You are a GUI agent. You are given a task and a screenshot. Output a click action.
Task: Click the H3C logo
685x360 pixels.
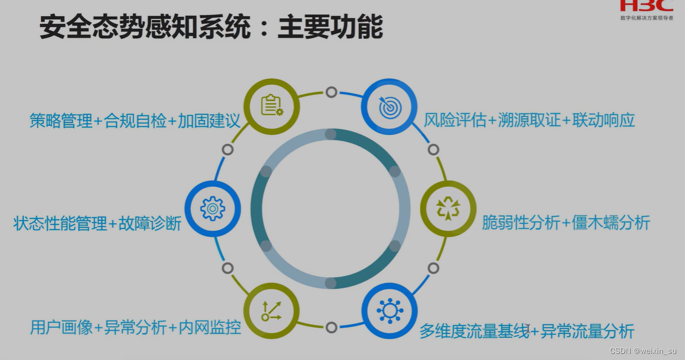point(646,6)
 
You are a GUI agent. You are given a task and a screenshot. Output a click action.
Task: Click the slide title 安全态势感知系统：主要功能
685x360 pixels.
point(211,28)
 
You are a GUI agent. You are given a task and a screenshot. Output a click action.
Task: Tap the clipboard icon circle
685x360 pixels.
point(272,106)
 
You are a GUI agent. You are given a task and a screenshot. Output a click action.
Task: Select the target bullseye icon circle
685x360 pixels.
point(389,107)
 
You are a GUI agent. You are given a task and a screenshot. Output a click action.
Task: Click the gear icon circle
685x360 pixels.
point(212,209)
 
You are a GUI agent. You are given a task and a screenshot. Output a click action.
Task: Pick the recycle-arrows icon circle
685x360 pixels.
point(448,209)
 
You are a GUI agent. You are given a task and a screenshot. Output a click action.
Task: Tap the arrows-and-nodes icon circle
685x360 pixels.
point(272,311)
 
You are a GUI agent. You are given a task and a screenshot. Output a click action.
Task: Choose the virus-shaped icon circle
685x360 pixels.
point(389,311)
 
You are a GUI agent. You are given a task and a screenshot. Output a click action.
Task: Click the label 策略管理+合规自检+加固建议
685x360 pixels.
point(135,121)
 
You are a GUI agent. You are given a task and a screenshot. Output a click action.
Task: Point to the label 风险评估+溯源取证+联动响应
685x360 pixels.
point(530,120)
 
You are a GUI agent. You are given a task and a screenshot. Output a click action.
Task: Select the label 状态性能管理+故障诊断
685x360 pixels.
point(98,224)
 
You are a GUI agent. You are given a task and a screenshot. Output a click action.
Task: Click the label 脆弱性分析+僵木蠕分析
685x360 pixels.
point(566,223)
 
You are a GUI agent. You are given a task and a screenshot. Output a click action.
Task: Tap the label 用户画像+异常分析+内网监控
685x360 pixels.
point(136,327)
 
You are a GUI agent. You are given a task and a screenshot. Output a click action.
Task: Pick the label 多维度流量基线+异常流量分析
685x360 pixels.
point(527,332)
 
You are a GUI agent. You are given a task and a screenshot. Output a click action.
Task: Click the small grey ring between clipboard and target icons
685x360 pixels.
point(331,92)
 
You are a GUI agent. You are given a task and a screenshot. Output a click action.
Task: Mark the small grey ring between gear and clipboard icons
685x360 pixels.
point(227,149)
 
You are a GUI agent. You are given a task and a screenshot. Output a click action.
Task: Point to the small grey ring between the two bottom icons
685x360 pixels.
point(331,327)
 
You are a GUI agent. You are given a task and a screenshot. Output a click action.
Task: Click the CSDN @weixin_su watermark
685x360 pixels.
point(643,351)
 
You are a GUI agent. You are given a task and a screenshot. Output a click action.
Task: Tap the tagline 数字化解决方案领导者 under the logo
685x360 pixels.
point(647,18)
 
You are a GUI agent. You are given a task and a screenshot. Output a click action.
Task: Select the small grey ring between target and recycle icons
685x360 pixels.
point(434,149)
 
